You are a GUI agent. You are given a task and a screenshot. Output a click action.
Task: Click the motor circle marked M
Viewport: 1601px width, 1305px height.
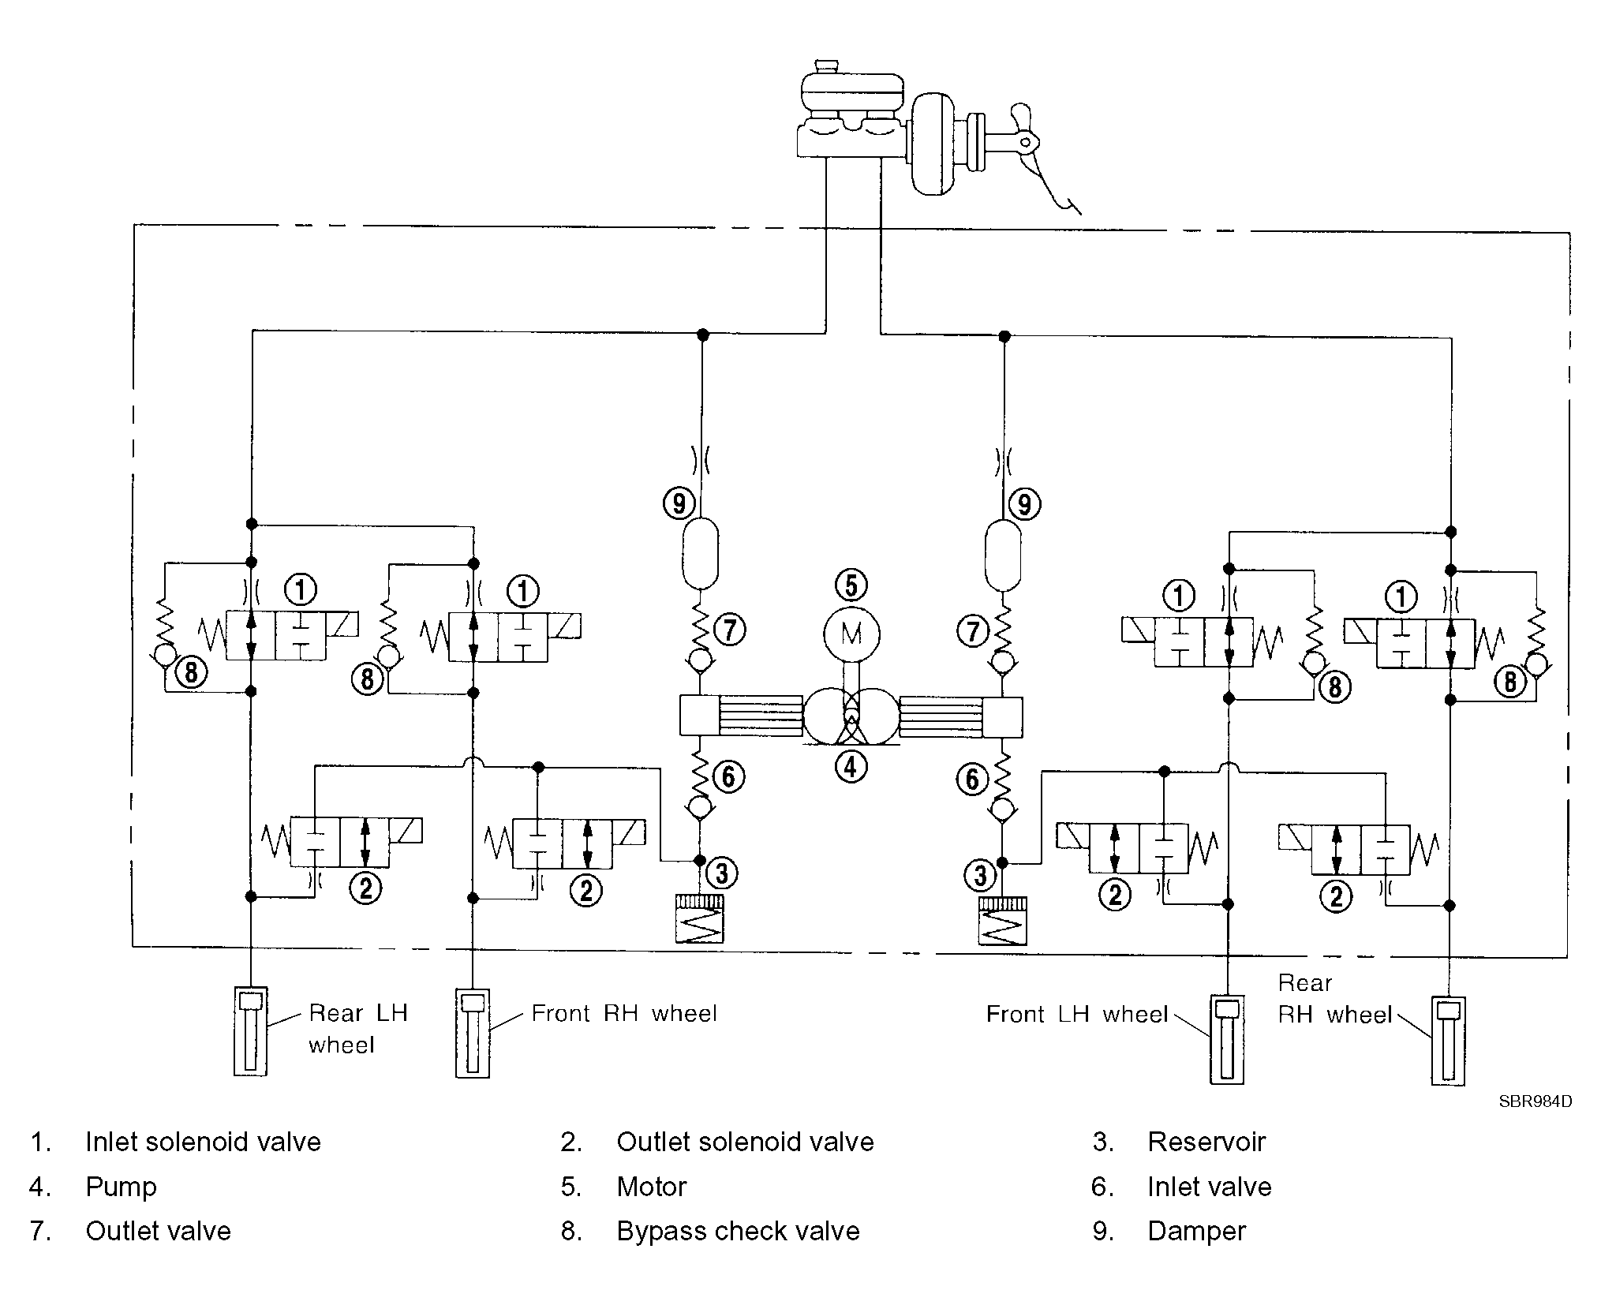point(851,634)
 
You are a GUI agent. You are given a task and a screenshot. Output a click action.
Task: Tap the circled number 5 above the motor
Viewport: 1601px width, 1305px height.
point(851,585)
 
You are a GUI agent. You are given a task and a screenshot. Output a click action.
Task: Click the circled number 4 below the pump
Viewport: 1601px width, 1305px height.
point(851,765)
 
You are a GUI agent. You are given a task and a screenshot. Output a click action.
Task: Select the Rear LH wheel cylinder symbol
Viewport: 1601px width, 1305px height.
point(250,1031)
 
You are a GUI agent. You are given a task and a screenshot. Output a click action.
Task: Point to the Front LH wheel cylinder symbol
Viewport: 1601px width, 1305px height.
point(1227,1038)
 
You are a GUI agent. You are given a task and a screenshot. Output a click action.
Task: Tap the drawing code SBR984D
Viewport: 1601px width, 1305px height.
point(1535,1102)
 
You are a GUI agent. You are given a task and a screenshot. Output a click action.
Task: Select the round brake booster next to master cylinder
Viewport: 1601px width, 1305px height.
point(933,143)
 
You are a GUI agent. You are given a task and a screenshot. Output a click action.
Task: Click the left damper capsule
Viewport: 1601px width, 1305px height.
point(699,553)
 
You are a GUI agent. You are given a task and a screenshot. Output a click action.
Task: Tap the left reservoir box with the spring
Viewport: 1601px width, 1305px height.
point(699,918)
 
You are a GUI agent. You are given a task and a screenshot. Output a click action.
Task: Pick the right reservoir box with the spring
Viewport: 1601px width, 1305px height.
point(1002,922)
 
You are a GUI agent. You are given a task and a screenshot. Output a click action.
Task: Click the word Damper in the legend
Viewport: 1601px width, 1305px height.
point(1196,1231)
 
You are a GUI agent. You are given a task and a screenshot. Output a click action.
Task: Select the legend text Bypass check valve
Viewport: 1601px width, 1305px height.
point(738,1232)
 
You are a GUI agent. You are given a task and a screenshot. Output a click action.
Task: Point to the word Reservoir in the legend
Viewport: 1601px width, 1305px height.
point(1206,1142)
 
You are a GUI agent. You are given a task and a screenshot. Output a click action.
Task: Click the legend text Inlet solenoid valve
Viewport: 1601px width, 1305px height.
point(203,1142)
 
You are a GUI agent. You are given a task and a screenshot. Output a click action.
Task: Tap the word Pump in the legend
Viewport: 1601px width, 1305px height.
point(121,1187)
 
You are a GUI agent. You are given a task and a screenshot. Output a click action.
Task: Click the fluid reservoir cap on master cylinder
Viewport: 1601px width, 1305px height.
point(826,65)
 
